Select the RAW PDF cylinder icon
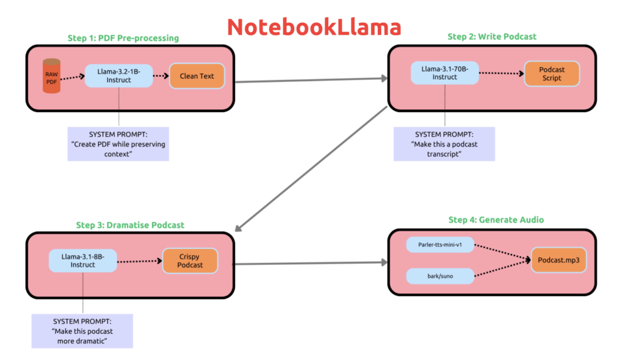click(x=52, y=76)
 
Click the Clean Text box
click(x=197, y=76)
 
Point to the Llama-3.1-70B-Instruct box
click(x=445, y=73)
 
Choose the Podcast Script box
click(x=551, y=74)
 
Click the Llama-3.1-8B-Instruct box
click(x=82, y=261)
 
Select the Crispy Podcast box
click(x=190, y=261)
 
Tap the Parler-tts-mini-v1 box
click(x=439, y=245)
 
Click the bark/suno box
click(x=439, y=276)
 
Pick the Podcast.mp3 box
click(x=558, y=260)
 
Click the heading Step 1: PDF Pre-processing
click(x=123, y=38)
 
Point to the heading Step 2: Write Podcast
click(x=492, y=37)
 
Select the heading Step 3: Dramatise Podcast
click(x=130, y=225)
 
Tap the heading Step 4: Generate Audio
click(x=491, y=220)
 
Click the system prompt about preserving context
click(x=118, y=144)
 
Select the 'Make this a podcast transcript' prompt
click(x=444, y=144)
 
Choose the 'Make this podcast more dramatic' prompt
click(x=82, y=331)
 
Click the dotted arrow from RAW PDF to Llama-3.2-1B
click(x=72, y=77)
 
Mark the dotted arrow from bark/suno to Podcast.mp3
click(x=500, y=270)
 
